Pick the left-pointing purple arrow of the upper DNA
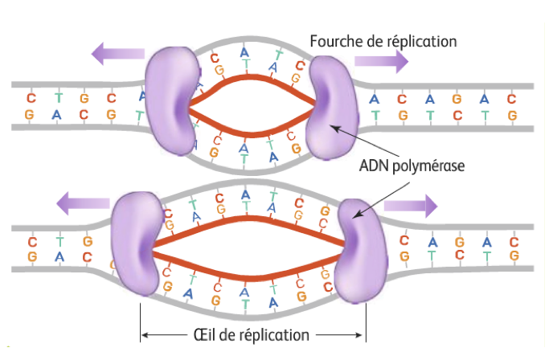pos(117,54)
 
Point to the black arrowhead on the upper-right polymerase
pos(330,126)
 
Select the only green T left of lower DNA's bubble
pos(59,240)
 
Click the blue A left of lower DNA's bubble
pos(58,257)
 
